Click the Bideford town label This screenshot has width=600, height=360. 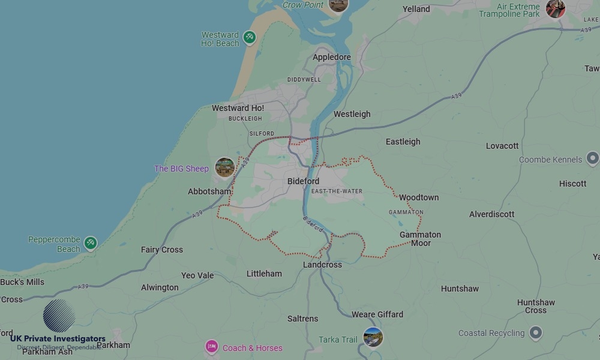click(303, 181)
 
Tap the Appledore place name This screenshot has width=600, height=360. click(331, 58)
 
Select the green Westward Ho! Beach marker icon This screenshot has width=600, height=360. click(250, 37)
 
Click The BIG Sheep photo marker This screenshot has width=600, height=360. click(225, 167)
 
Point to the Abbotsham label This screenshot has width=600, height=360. click(209, 191)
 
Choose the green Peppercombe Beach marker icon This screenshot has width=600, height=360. click(90, 242)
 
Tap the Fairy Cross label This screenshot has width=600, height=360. click(162, 250)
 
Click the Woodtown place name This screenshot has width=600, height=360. click(419, 197)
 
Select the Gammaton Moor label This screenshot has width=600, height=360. click(420, 239)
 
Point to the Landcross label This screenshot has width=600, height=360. click(322, 265)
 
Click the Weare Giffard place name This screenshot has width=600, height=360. click(377, 314)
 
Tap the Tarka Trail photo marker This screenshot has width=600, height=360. click(373, 337)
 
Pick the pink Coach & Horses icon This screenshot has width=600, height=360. click(211, 347)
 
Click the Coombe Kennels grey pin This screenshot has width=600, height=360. click(592, 159)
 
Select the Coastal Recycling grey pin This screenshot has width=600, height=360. click(536, 332)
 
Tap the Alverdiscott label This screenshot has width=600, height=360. click(491, 214)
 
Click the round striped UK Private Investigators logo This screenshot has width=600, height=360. click(59, 316)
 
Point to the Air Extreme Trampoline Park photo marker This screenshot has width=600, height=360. click(555, 8)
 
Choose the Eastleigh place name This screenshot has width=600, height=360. click(403, 142)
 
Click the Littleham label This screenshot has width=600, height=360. click(264, 274)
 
